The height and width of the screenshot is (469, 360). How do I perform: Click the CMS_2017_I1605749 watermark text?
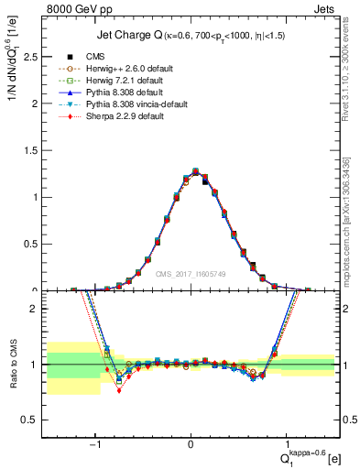[191, 274]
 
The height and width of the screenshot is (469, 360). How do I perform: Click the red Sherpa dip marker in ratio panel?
[118, 390]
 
